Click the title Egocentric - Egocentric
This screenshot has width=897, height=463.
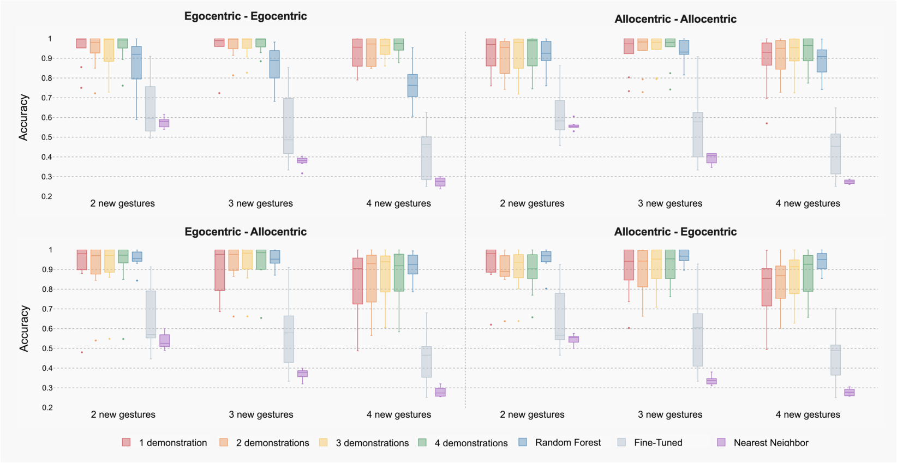click(x=245, y=16)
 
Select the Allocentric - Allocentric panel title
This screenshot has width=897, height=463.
click(x=675, y=19)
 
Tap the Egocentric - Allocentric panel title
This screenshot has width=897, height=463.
click(x=245, y=231)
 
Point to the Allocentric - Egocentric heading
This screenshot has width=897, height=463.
click(x=675, y=231)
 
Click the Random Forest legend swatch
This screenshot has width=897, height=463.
click(x=522, y=442)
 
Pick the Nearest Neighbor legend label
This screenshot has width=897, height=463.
click(x=770, y=442)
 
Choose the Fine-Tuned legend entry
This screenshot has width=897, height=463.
click(x=658, y=442)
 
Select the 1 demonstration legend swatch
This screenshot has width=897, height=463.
click(x=127, y=442)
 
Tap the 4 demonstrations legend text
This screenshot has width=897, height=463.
click(x=471, y=443)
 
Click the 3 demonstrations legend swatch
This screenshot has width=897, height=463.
click(x=323, y=442)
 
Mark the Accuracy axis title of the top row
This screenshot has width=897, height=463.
click(x=23, y=117)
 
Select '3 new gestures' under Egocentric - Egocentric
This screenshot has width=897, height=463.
click(x=260, y=203)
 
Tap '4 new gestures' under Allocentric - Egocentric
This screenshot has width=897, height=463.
click(x=808, y=414)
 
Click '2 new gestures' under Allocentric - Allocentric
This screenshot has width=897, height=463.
click(x=532, y=203)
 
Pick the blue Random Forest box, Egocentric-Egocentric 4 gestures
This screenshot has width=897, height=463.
click(x=412, y=86)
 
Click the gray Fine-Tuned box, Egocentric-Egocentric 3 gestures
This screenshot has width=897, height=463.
click(x=289, y=126)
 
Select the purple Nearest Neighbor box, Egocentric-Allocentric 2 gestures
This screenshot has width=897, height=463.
click(x=164, y=341)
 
